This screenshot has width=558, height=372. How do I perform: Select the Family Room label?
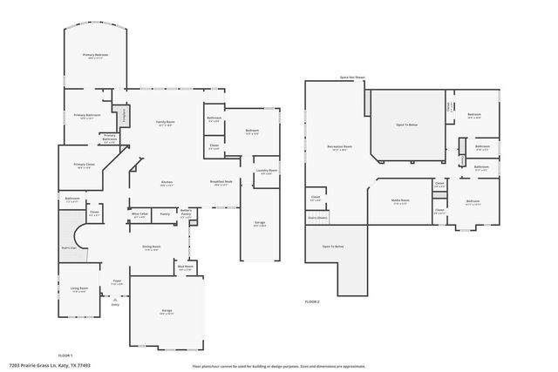point(165,123)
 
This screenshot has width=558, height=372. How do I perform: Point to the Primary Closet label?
point(85,166)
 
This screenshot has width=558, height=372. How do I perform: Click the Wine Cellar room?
point(139,215)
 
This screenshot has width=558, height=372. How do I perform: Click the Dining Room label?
point(151,248)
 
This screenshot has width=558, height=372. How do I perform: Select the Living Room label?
point(78,289)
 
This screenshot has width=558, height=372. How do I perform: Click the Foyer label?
point(117,282)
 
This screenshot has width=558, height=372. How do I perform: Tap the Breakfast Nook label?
point(220,183)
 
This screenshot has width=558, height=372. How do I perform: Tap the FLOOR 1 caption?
point(65,356)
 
